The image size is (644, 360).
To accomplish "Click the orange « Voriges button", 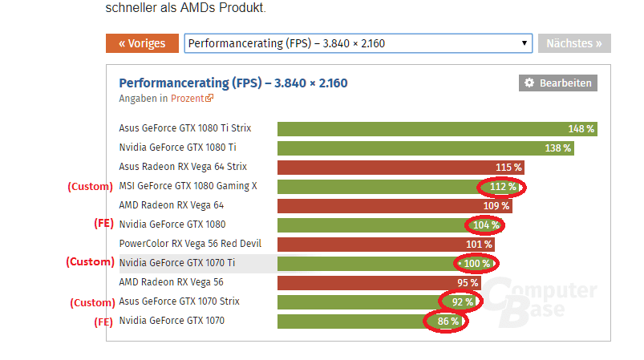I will coord(142,43).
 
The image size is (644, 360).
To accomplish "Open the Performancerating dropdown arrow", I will coord(525,43).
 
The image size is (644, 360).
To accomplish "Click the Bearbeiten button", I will coord(558,83).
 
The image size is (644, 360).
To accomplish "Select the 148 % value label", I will coord(581,128).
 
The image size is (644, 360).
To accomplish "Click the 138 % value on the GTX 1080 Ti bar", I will coord(557,148).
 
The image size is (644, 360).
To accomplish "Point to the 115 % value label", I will coord(508,167).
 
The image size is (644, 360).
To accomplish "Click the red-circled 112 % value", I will coord(500,187).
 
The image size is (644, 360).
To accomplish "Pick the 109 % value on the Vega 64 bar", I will coord(496,205).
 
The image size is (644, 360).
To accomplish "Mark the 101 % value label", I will coord(479,244).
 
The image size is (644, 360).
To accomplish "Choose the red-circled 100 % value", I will coord(475,263).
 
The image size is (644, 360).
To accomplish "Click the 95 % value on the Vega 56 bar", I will coord(468,282).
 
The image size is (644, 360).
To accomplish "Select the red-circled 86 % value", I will coord(448,322).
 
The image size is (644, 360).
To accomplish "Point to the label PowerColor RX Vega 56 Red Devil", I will coord(190,244).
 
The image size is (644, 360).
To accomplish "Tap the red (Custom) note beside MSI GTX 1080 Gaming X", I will coord(89,187).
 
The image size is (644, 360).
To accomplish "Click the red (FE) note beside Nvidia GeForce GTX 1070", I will coord(103,322).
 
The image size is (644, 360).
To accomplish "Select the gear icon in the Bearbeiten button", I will coord(529,83).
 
